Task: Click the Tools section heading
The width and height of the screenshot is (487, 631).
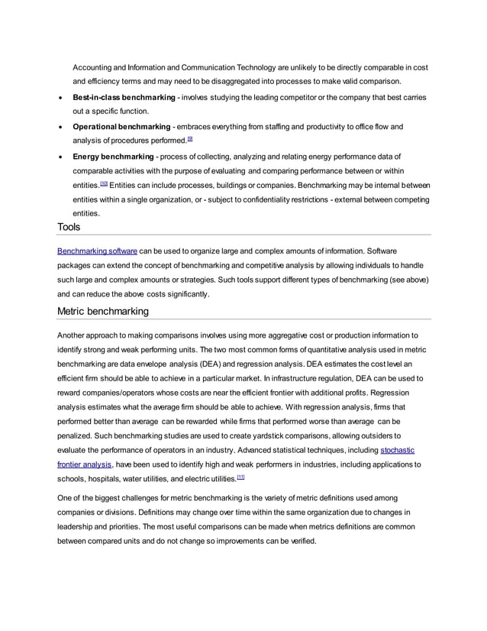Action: (69, 227)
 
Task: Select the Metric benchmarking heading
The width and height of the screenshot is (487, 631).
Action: (103, 311)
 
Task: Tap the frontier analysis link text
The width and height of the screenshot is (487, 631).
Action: (85, 464)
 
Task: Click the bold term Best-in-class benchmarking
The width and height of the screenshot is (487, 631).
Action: (124, 99)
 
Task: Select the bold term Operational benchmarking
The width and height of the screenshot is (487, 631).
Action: (121, 127)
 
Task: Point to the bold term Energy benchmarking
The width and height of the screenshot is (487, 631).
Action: (114, 156)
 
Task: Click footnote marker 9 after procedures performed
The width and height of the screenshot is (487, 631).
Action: (190, 140)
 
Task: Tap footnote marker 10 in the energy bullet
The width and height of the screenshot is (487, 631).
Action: (102, 184)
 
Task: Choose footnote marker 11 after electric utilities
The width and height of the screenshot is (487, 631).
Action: (240, 477)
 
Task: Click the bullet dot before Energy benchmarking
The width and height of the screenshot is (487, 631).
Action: (60, 157)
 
